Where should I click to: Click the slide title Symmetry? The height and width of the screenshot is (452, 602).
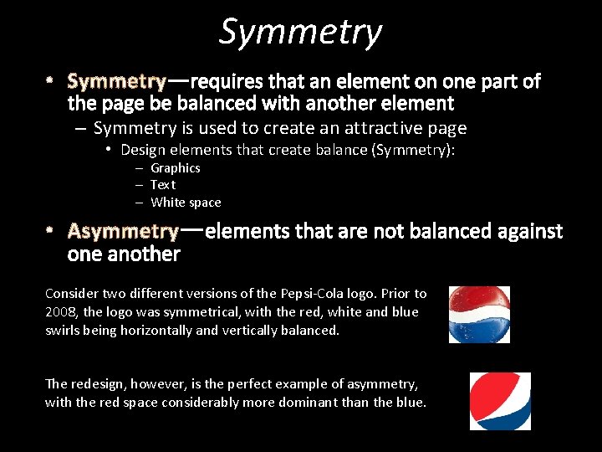300,33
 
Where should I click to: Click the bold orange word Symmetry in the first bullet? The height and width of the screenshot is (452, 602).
116,82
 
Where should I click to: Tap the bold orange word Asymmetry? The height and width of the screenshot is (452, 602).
122,231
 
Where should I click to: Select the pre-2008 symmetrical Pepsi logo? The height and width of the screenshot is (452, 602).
479,315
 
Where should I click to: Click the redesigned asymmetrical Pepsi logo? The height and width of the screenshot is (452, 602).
500,401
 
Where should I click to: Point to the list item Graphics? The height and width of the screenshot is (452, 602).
175,168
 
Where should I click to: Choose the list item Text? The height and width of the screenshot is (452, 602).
163,185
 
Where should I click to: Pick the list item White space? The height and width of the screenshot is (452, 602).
186,203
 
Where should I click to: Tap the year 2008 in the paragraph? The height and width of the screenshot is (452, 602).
62,312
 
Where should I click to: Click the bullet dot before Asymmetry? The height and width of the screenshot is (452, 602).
49,230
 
